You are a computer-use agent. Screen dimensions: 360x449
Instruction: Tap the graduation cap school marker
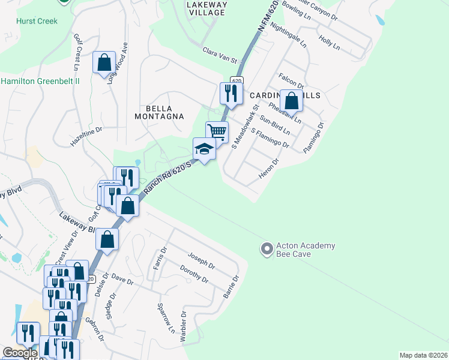[204, 149]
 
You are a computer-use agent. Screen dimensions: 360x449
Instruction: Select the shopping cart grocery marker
[217, 131]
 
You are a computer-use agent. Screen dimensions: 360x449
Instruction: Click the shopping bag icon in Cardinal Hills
[291, 100]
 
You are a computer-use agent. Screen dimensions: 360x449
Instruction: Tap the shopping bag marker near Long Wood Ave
[104, 62]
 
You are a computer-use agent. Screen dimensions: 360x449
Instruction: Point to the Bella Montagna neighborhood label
[156, 112]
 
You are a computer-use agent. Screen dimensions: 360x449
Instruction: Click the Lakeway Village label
[207, 8]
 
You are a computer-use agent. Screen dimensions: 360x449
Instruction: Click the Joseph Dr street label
[201, 260]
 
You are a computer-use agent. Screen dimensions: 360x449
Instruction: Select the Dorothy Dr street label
[193, 275]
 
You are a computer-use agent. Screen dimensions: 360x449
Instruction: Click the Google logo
[20, 353]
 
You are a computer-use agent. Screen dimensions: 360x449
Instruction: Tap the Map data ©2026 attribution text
[423, 355]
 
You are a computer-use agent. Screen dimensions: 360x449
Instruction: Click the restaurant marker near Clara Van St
[231, 93]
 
